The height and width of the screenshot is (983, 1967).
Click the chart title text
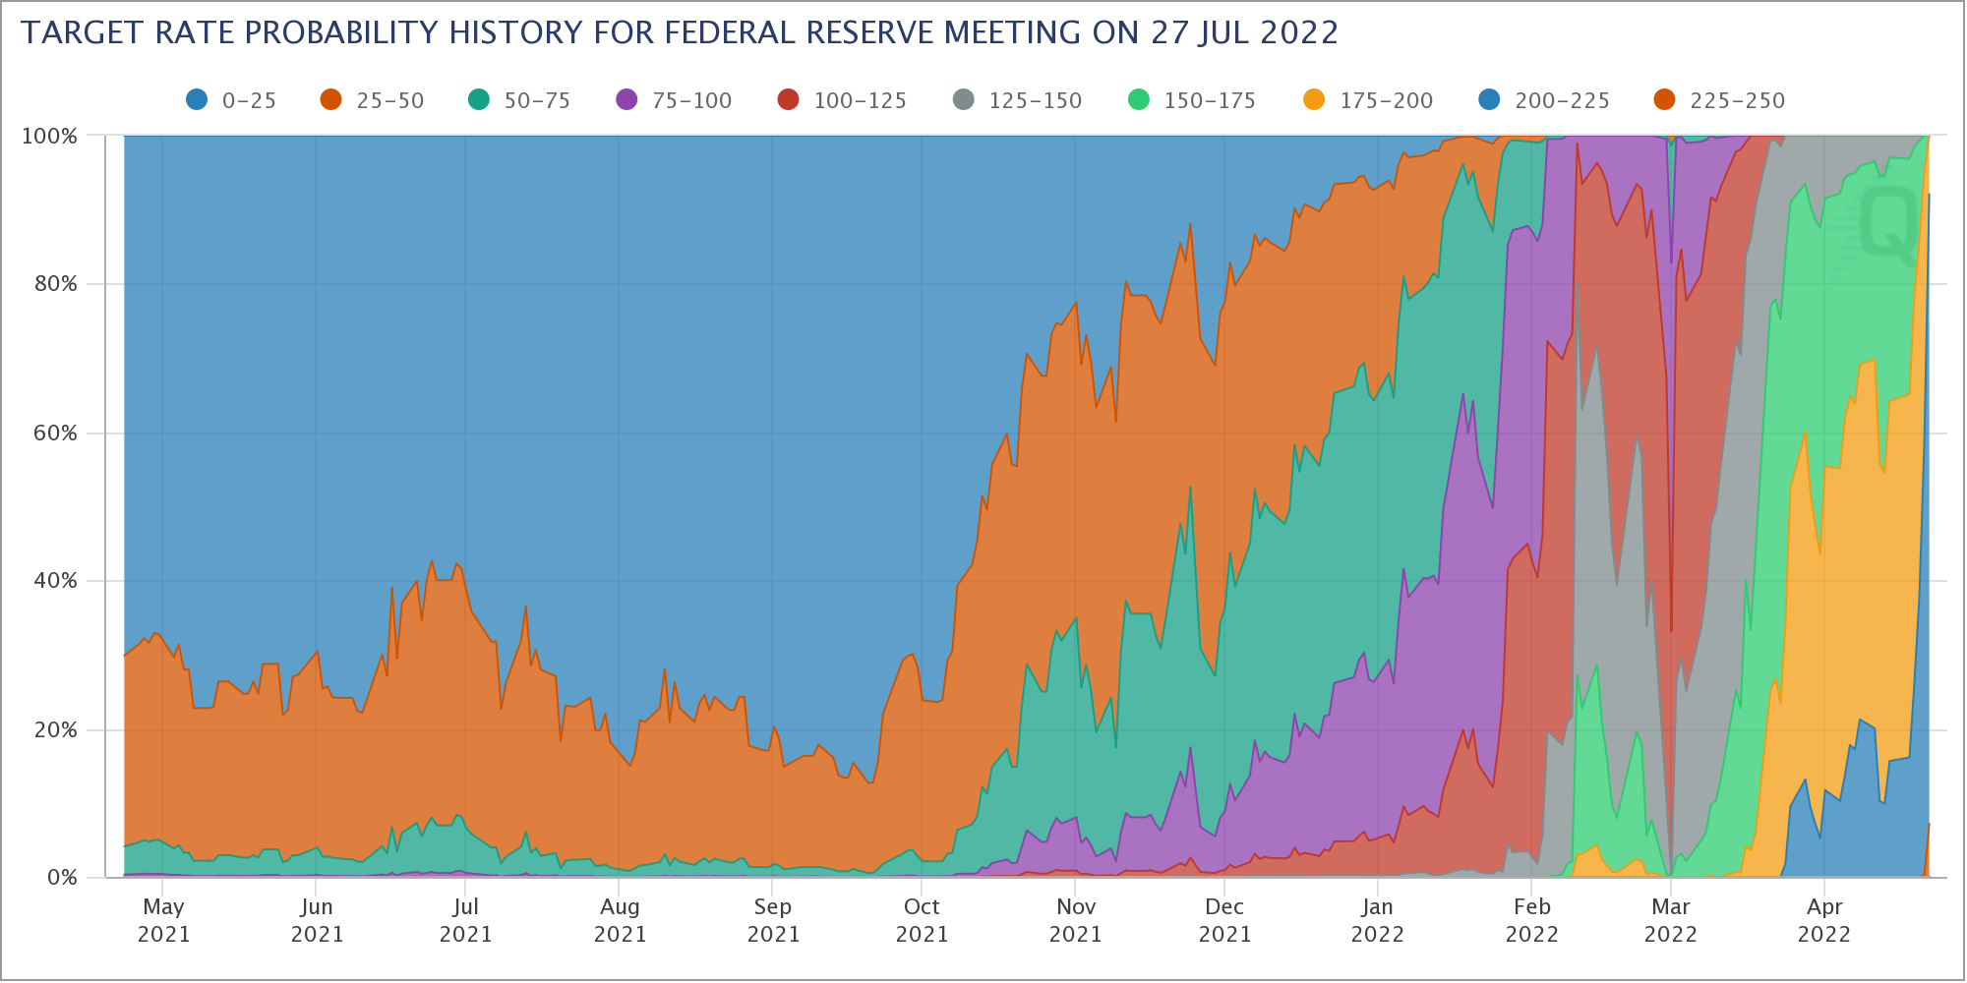pos(679,33)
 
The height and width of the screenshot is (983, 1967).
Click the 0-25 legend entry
pos(231,100)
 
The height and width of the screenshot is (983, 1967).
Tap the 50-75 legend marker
pos(479,99)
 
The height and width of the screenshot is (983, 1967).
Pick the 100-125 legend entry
pos(842,100)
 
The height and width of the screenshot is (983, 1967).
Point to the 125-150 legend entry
pos(1017,100)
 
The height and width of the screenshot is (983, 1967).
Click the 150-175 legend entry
pos(1192,100)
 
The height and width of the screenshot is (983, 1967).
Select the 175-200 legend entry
pos(1368,100)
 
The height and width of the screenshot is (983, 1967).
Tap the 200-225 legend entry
pos(1544,100)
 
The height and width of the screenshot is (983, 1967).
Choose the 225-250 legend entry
pos(1719,100)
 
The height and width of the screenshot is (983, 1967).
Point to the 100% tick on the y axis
pos(49,136)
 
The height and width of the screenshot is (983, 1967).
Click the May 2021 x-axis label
pos(163,920)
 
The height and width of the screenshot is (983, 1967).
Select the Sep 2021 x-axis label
pos(773,920)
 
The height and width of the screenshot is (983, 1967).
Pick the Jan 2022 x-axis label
pos(1377,920)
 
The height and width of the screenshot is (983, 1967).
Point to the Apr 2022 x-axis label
pos(1824,920)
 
